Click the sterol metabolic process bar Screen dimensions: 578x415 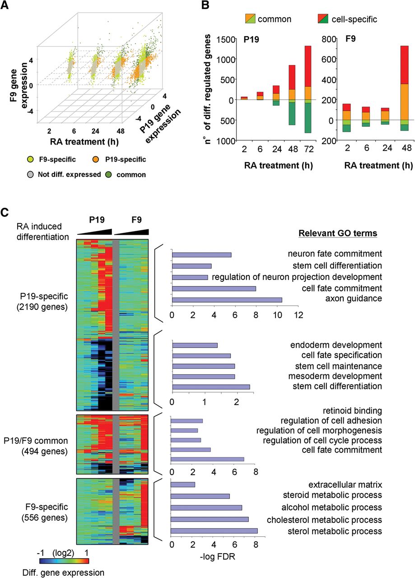214,531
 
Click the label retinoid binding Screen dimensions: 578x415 353,410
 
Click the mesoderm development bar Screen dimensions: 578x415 204,376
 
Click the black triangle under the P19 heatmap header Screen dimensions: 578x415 94,232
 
